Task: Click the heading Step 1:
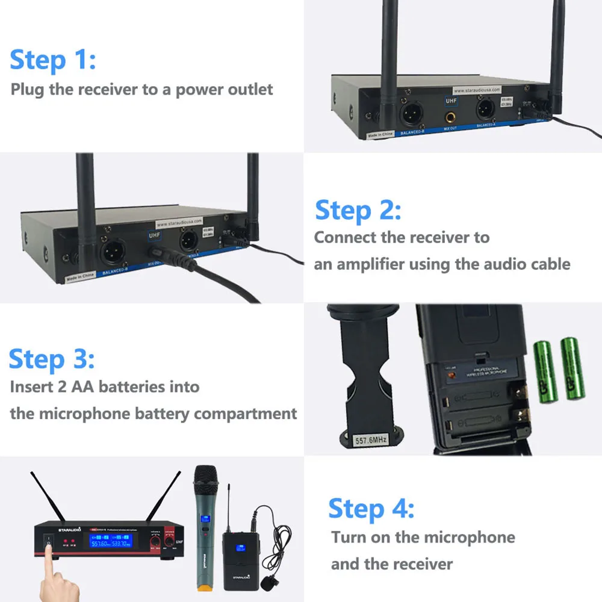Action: [52, 61]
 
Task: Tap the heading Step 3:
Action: [52, 359]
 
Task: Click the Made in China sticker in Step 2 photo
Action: [79, 278]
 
